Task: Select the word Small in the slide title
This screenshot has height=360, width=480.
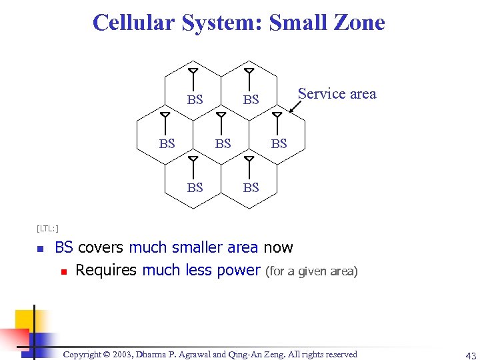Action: click(295, 23)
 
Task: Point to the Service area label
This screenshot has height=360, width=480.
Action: click(337, 94)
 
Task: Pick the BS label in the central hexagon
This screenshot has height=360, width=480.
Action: click(223, 143)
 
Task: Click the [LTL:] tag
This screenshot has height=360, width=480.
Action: click(47, 229)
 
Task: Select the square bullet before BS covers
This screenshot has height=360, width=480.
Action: click(40, 249)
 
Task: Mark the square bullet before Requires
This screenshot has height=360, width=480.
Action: click(63, 271)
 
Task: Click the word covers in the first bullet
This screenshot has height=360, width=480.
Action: click(101, 247)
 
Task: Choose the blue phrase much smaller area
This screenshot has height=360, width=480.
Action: click(193, 247)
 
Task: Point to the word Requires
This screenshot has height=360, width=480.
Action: click(106, 270)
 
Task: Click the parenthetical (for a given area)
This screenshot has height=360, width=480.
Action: click(311, 271)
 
